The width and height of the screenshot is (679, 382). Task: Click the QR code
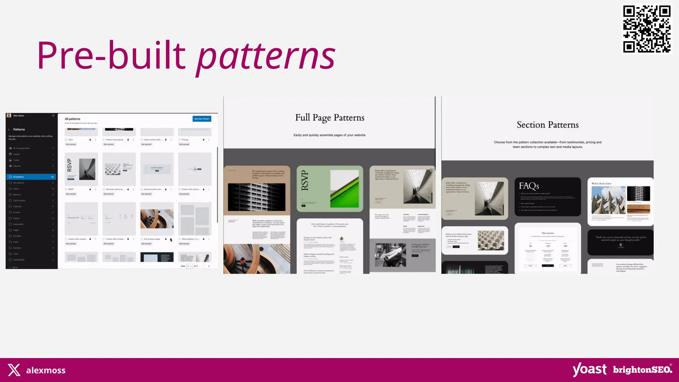647,29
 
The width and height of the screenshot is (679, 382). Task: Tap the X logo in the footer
14,370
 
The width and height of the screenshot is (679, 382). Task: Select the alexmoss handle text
46,370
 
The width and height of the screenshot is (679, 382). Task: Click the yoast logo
589,369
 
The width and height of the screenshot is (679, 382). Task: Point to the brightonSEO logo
642,369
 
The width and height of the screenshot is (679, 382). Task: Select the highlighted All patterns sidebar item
31,177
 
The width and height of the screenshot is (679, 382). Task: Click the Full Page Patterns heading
330,118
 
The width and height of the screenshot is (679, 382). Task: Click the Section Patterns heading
547,125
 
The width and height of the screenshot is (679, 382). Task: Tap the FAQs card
547,197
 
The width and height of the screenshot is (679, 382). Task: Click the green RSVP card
330,189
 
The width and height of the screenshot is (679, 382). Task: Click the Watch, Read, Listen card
620,202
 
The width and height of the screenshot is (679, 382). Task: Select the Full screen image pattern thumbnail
157,219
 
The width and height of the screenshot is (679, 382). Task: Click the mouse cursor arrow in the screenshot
171,240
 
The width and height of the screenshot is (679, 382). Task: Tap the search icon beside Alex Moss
53,116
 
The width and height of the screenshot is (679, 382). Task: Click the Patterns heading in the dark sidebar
19,129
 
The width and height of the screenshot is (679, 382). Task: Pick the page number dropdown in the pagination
189,266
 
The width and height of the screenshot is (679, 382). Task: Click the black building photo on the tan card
257,197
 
